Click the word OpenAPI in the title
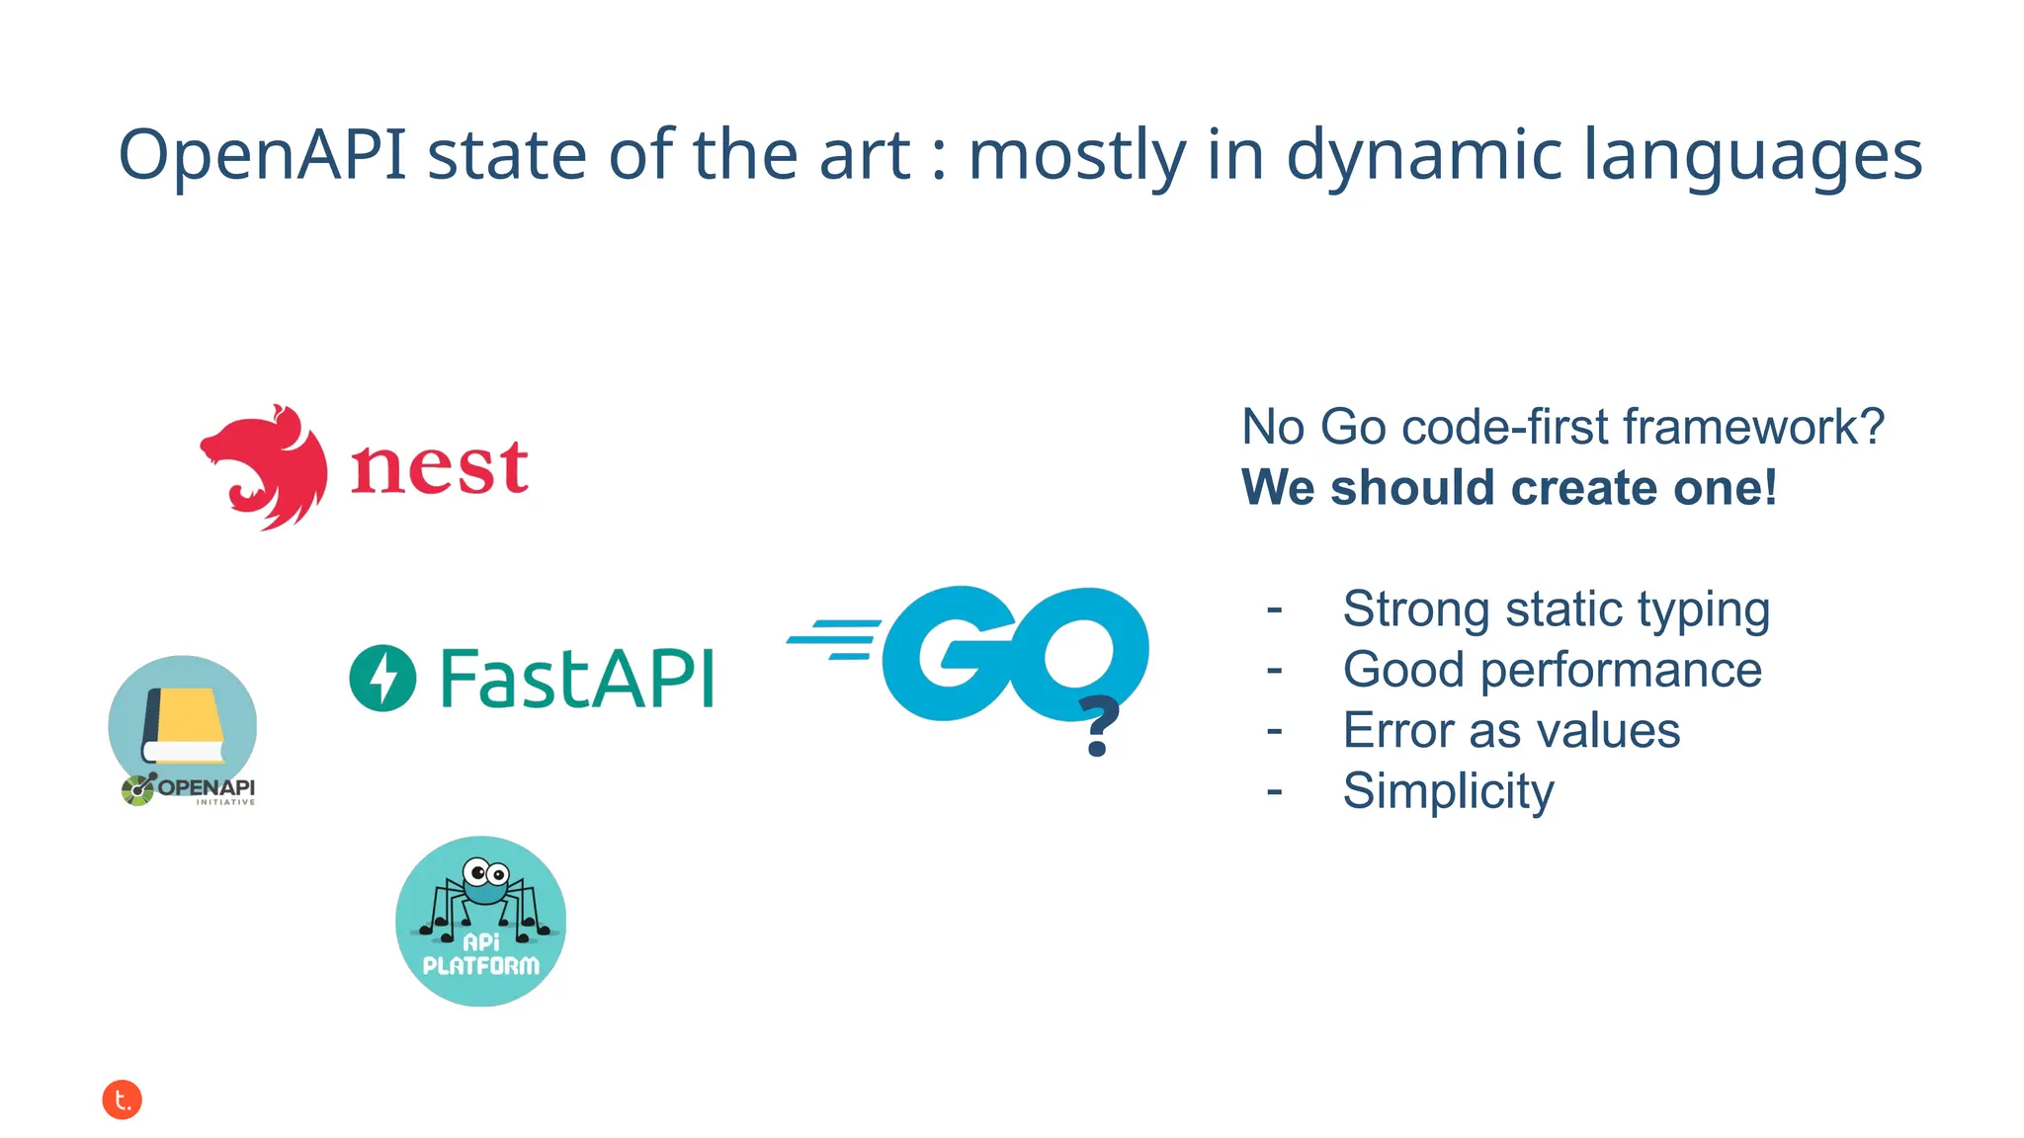[x=262, y=156]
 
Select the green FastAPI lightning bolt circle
[x=382, y=678]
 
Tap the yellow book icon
[x=185, y=725]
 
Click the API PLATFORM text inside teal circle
[x=481, y=955]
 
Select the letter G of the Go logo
[x=947, y=652]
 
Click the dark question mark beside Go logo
[x=1098, y=726]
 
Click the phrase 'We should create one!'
[x=1508, y=488]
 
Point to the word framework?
[x=1753, y=427]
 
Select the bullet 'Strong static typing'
[x=1555, y=609]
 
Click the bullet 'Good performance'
[x=1552, y=670]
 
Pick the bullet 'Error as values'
[x=1510, y=731]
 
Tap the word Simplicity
[x=1448, y=791]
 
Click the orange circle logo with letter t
[x=123, y=1099]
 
